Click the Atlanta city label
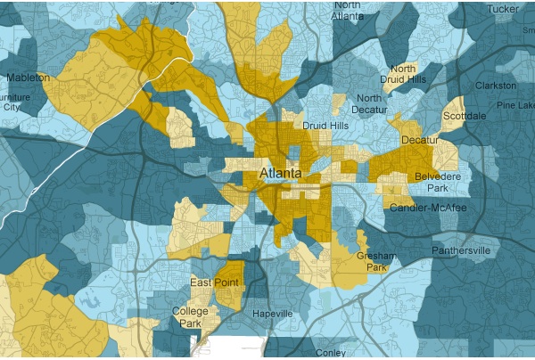[x=280, y=172]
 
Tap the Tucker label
[x=503, y=9]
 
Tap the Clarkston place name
[x=496, y=86]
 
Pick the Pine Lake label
[x=514, y=105]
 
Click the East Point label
[x=212, y=283]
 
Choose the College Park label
[x=190, y=317]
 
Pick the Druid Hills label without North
[x=325, y=126]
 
